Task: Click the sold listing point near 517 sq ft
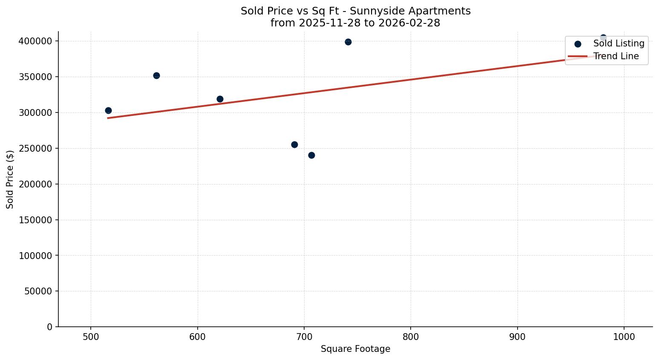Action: (x=108, y=111)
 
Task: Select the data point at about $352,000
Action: (x=156, y=76)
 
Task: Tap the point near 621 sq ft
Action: (x=220, y=99)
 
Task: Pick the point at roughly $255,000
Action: (x=294, y=145)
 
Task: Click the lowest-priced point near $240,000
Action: (x=311, y=156)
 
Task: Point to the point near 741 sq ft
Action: (x=348, y=42)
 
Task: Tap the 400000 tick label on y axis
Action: (x=35, y=41)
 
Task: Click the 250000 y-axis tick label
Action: (x=35, y=149)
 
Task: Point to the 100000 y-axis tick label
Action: (x=35, y=256)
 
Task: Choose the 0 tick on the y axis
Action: (x=50, y=327)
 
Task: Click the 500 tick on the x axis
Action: (x=91, y=337)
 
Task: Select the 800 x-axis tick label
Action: (x=411, y=337)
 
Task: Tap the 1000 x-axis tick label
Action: (x=624, y=337)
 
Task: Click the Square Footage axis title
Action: (x=355, y=349)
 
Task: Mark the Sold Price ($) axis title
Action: (x=10, y=179)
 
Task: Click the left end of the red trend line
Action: (x=108, y=118)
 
